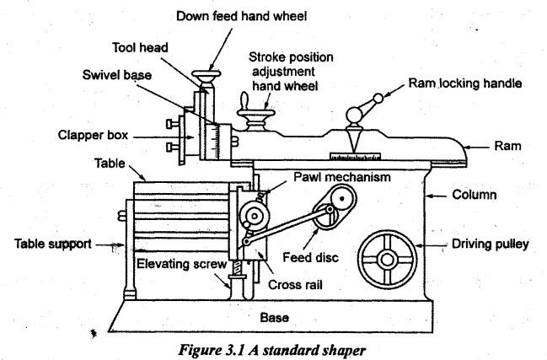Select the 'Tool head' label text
point(140,47)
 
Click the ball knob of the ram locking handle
point(377,99)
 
